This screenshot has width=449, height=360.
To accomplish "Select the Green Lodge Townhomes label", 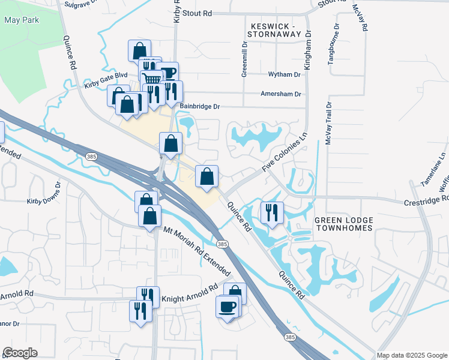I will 343,224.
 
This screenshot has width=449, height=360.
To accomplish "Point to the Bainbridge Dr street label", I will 200,107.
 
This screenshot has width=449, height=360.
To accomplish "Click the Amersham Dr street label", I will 280,94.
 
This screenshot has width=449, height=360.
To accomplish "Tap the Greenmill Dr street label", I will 244,59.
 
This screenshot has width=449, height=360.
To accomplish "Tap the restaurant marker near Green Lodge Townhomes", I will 271,212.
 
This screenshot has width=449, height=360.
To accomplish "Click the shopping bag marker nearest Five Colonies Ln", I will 207,176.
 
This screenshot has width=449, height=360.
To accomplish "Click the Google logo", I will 20,353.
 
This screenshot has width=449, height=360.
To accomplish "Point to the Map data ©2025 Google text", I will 412,355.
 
